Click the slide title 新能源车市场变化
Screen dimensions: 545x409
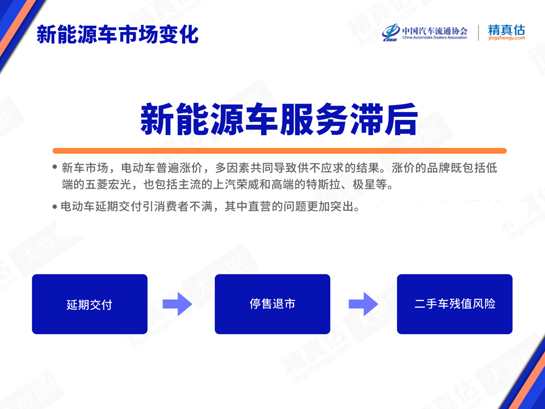pyautogui.click(x=118, y=35)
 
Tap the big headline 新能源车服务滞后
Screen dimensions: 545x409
pyautogui.click(x=279, y=119)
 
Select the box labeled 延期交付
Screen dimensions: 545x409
pyautogui.click(x=90, y=304)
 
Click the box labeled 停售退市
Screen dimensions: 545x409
pyautogui.click(x=272, y=304)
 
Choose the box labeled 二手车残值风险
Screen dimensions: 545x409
pyautogui.click(x=455, y=304)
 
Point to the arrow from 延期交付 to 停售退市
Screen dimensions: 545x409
pyautogui.click(x=177, y=304)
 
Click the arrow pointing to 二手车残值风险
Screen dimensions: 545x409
pyautogui.click(x=363, y=304)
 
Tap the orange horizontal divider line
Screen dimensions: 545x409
pyautogui.click(x=279, y=151)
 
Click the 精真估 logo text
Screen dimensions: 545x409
pyautogui.click(x=506, y=30)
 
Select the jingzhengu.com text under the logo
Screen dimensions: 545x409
pyautogui.click(x=506, y=38)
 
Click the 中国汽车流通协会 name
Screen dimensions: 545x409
pyautogui.click(x=434, y=31)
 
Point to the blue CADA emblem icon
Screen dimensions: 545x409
pyautogui.click(x=391, y=32)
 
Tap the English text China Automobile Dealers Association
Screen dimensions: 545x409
pyautogui.click(x=434, y=37)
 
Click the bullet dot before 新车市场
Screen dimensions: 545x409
pyautogui.click(x=54, y=167)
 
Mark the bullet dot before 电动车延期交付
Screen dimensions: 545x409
pyautogui.click(x=54, y=207)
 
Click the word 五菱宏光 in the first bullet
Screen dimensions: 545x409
pyautogui.click(x=108, y=184)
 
